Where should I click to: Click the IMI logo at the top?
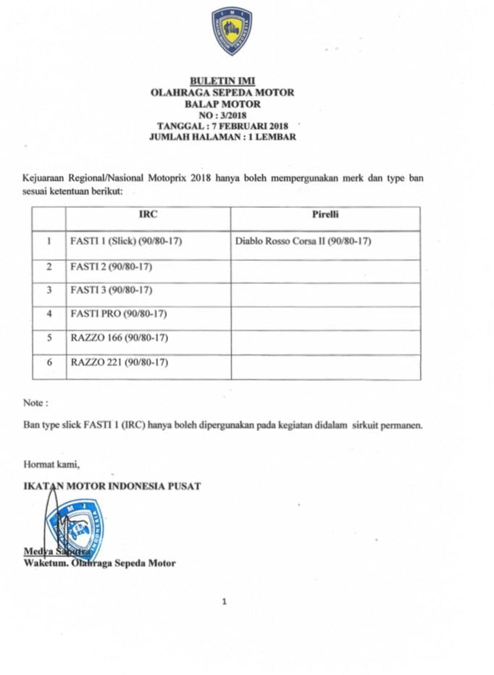tap(232, 30)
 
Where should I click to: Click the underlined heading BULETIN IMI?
tap(222, 80)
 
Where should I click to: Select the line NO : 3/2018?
tap(222, 114)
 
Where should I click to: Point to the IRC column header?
tap(148, 215)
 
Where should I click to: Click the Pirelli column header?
tap(325, 215)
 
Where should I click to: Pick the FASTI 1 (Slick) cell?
tap(126, 241)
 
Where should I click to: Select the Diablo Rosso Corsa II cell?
tap(303, 241)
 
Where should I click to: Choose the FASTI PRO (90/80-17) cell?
tap(119, 314)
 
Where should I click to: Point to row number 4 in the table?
tap(49, 314)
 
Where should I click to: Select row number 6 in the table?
tap(49, 362)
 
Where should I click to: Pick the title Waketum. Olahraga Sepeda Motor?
tap(99, 563)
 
